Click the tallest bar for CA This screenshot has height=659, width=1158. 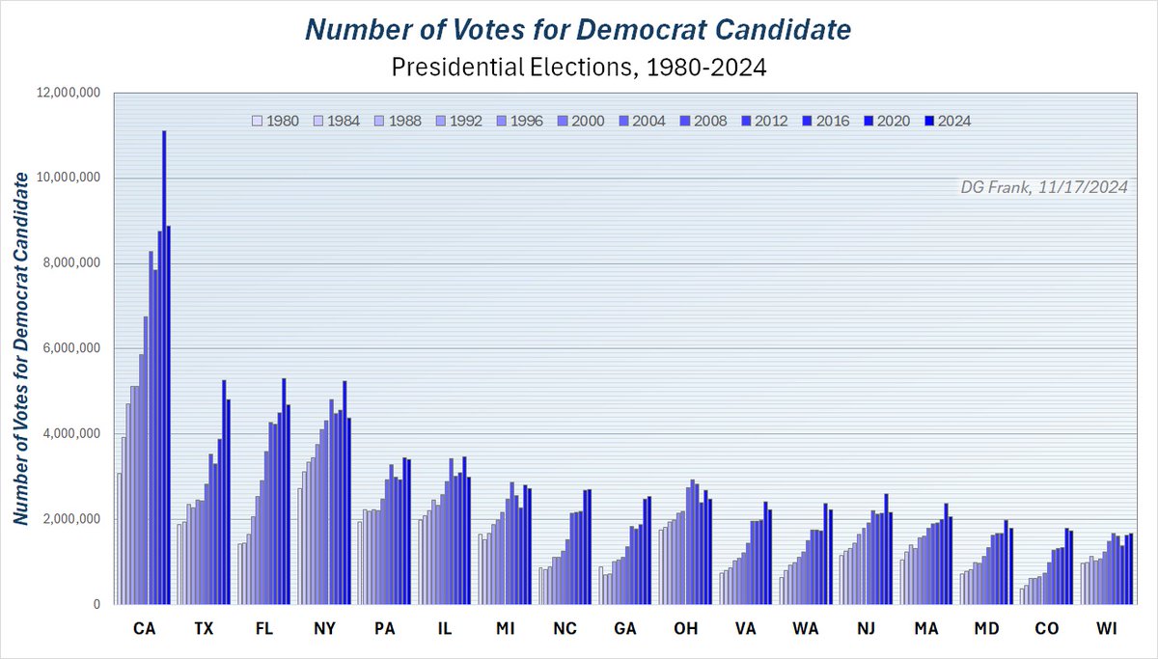(x=164, y=368)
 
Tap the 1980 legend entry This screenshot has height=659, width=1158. (x=276, y=121)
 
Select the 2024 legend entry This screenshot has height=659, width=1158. (x=948, y=121)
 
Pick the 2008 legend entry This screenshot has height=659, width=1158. (x=703, y=121)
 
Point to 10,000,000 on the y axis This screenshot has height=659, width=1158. (x=69, y=178)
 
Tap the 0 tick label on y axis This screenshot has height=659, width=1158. (x=96, y=604)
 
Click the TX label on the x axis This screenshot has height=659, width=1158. (x=204, y=628)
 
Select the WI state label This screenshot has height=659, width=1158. (x=1107, y=628)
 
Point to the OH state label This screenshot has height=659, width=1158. (x=685, y=628)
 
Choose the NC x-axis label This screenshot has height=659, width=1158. (x=565, y=628)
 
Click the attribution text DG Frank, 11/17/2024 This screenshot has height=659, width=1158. (x=1044, y=187)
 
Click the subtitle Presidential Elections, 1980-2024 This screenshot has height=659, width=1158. (x=579, y=68)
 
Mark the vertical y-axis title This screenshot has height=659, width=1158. (x=20, y=349)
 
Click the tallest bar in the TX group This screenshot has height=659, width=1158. (x=224, y=492)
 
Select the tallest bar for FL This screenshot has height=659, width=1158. (x=284, y=491)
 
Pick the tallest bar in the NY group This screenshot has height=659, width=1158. (x=345, y=493)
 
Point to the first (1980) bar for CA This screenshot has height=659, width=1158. (x=120, y=538)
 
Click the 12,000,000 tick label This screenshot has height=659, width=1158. (x=69, y=93)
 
